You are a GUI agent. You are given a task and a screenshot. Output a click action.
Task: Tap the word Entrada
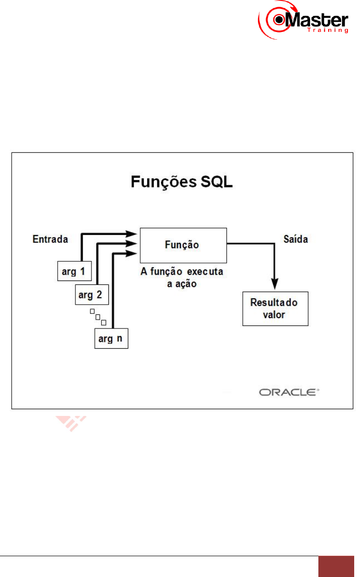click(x=50, y=238)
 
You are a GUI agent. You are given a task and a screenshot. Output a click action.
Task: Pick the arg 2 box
click(x=92, y=293)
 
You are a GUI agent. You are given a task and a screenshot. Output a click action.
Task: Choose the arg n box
click(x=111, y=338)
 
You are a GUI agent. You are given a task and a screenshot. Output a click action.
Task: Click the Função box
click(x=183, y=245)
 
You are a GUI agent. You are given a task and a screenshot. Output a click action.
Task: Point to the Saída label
click(x=295, y=239)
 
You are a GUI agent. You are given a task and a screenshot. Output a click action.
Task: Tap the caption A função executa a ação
click(x=182, y=277)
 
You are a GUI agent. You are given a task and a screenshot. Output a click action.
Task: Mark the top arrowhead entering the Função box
click(x=134, y=233)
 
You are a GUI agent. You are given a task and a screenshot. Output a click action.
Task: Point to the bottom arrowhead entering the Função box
click(x=134, y=252)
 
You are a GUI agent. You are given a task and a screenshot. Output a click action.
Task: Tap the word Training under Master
click(x=328, y=30)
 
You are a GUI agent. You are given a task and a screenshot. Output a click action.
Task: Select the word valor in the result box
click(x=273, y=315)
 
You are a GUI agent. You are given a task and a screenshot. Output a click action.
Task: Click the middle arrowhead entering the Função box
click(x=134, y=243)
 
